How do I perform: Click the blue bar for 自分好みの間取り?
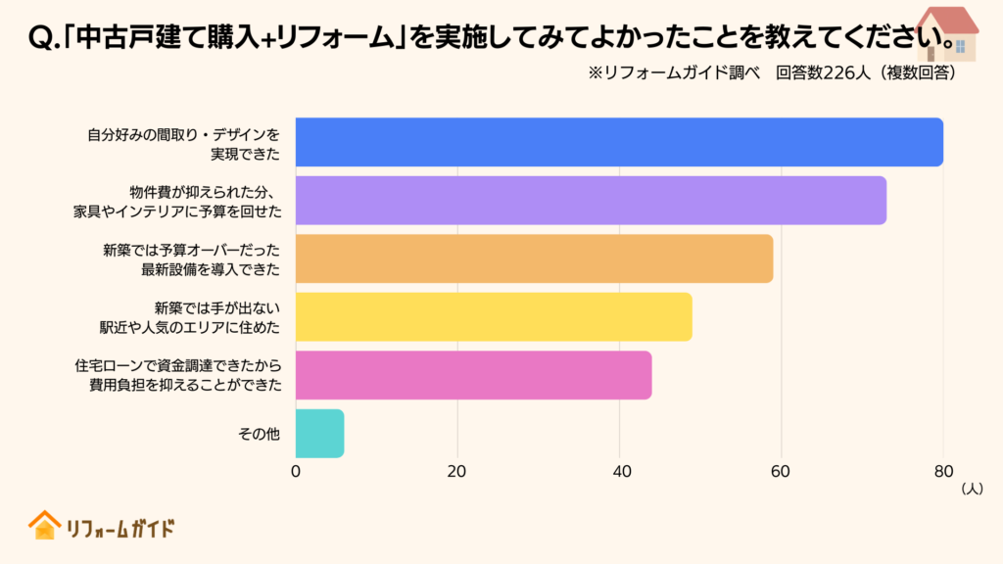[619, 142]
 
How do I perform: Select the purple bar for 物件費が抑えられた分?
[591, 201]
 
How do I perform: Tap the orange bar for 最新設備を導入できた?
[534, 258]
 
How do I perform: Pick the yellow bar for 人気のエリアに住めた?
[494, 316]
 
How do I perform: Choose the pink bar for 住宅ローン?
[473, 375]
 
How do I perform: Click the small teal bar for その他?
[319, 433]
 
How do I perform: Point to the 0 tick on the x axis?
[296, 471]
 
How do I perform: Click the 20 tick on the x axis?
[457, 471]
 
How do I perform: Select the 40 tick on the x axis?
[619, 471]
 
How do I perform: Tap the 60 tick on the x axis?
[781, 471]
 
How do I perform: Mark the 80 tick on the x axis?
[942, 471]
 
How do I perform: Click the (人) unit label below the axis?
[972, 488]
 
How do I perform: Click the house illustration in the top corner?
[945, 31]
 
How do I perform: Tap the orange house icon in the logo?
[44, 526]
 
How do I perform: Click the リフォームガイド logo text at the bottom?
[119, 529]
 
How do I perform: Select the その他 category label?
[260, 434]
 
